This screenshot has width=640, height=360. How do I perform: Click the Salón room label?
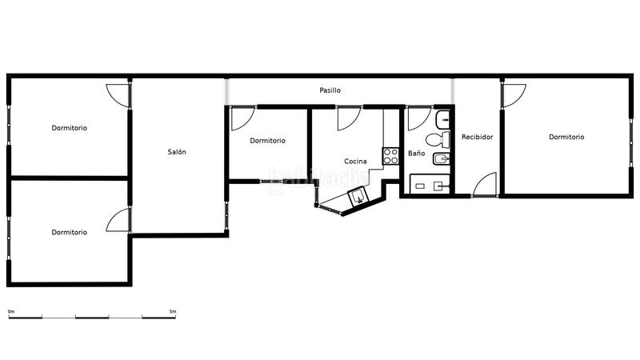point(177,152)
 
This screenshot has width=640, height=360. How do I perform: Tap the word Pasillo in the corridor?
point(330,90)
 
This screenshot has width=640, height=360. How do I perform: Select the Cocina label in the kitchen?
point(356,162)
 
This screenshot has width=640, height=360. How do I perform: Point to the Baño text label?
point(416,153)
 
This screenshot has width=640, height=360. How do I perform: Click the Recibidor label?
point(478,137)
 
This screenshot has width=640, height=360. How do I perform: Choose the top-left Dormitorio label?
point(70,128)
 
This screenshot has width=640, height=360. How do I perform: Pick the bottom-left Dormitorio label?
point(70,232)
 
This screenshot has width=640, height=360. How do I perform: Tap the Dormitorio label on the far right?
point(566,137)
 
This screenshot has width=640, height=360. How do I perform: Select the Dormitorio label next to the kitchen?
point(267,141)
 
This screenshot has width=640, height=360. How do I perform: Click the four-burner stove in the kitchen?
point(391,156)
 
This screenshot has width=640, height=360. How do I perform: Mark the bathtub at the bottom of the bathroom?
point(429,186)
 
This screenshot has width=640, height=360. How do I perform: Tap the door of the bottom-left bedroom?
point(119,219)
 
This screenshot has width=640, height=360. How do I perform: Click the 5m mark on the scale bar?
point(173,311)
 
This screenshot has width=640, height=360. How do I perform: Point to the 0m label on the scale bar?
point(11,311)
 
